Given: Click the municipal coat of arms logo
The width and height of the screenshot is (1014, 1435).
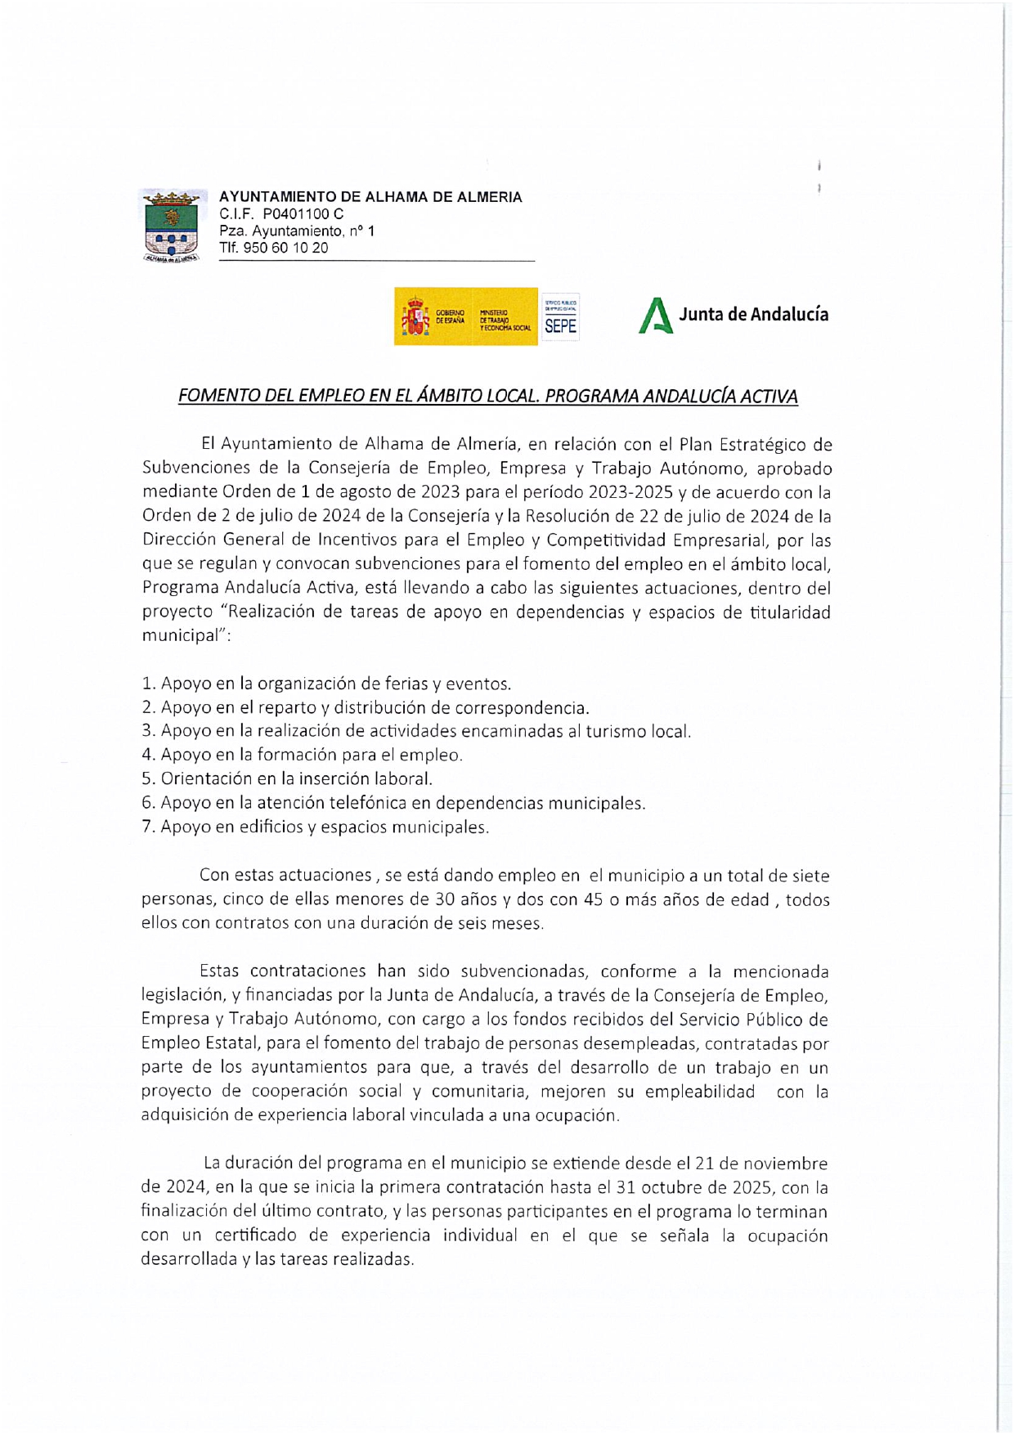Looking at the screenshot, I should pos(171,226).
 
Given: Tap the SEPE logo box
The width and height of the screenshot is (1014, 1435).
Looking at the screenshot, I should pos(560,316).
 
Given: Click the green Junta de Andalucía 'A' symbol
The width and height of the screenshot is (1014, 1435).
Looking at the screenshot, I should pos(655,316).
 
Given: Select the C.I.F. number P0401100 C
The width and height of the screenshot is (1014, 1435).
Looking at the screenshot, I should pos(303,214).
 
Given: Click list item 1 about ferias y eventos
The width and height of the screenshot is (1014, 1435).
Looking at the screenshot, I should pos(326,684).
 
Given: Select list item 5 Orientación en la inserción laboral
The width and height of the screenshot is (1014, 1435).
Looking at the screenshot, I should pos(287,778).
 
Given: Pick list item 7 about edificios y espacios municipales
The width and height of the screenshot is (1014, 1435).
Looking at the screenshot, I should pos(316,827).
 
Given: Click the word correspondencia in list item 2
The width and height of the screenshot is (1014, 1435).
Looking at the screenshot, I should pos(522,707).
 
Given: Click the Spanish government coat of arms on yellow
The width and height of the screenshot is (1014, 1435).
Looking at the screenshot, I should pos(415,317).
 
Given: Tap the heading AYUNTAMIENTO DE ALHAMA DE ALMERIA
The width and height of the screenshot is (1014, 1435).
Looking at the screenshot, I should pos(370,197).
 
